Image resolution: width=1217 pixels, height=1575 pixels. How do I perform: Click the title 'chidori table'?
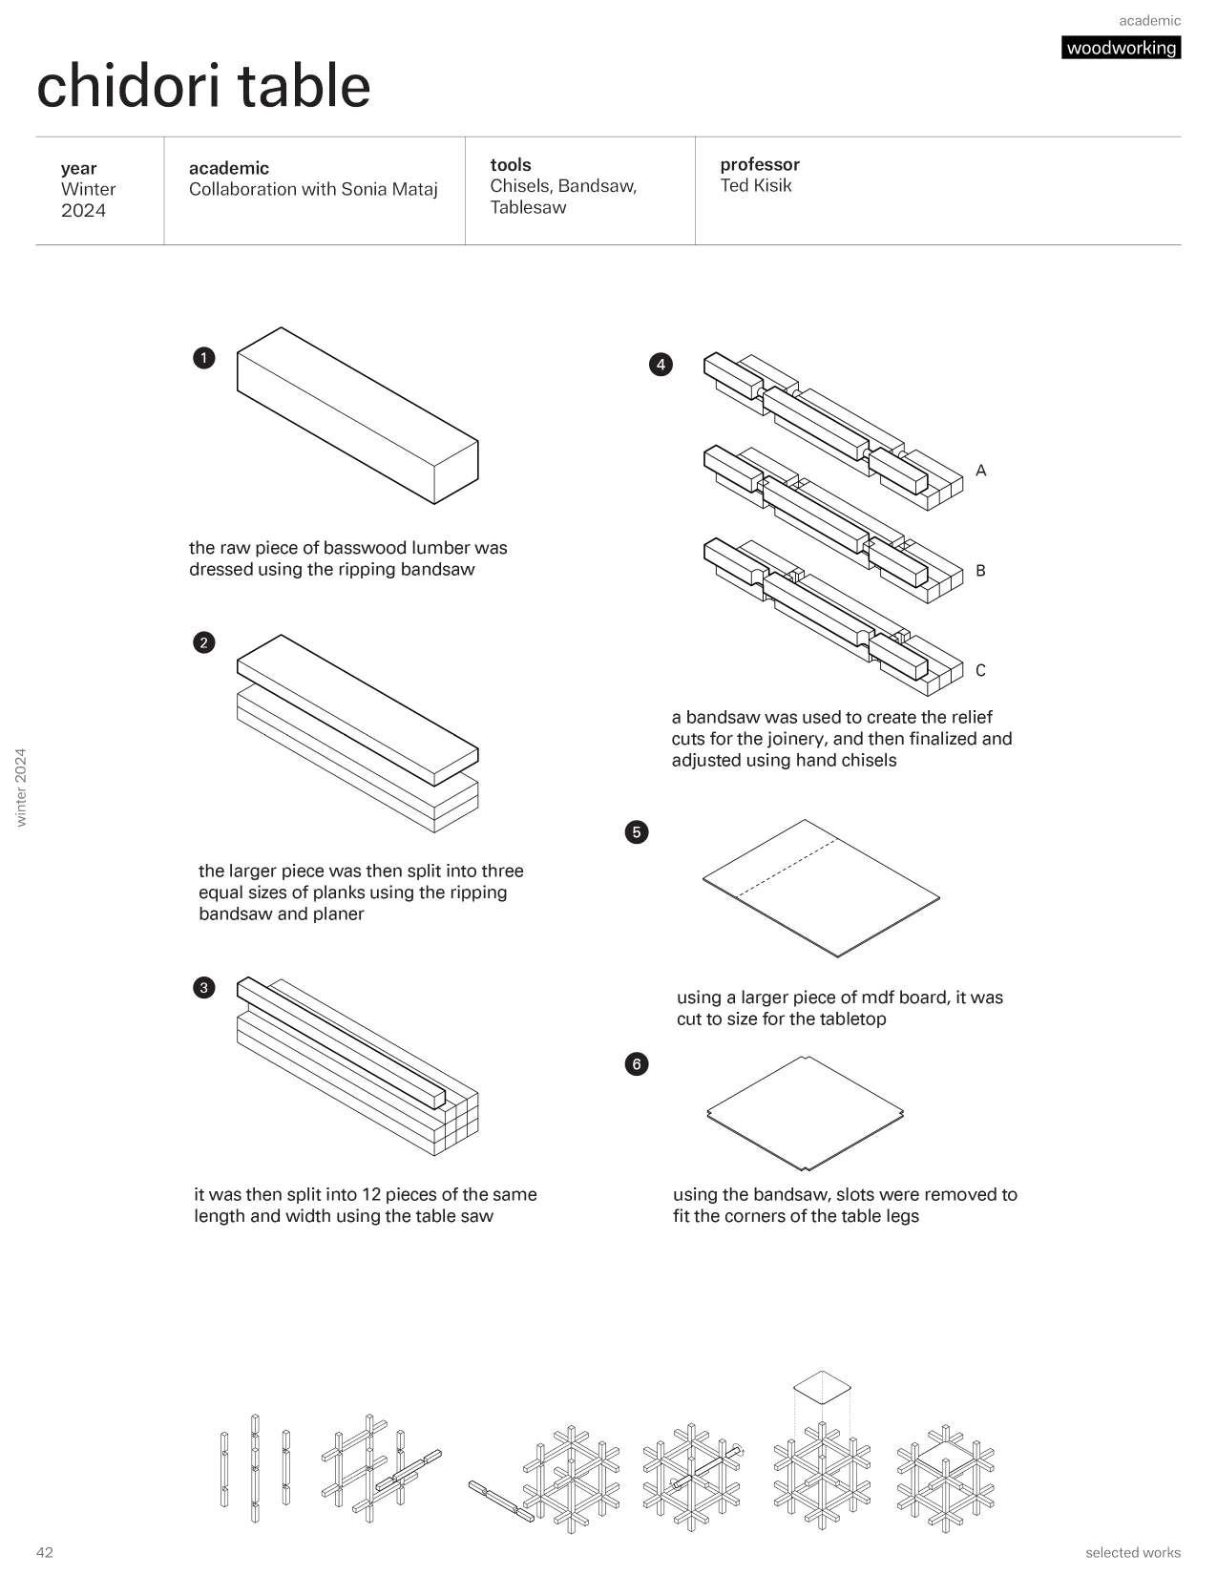203,85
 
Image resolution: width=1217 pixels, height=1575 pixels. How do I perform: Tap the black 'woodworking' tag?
1121,48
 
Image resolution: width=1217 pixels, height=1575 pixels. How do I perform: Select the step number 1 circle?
203,358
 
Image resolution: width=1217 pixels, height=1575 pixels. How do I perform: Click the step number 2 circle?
203,642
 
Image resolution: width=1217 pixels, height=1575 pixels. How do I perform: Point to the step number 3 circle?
203,987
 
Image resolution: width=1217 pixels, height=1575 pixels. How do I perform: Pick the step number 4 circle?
660,364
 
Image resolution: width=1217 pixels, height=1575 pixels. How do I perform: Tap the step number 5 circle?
637,831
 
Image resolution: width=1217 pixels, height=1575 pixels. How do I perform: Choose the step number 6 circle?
637,1063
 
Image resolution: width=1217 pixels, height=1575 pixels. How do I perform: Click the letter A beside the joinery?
980,471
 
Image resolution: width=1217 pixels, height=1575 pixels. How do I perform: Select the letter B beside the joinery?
980,571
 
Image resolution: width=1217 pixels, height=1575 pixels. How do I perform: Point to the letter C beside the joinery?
980,670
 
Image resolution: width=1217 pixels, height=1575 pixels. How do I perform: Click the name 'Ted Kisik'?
755,186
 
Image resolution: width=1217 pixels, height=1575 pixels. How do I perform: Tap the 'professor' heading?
759,164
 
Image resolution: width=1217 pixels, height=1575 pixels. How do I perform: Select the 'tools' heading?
510,164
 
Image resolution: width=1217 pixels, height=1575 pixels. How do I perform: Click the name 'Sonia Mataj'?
391,189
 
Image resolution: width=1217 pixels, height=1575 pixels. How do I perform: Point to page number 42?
45,1552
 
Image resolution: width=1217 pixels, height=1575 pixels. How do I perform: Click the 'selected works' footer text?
1132,1552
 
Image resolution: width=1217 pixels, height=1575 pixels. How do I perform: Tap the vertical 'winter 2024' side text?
22,787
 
